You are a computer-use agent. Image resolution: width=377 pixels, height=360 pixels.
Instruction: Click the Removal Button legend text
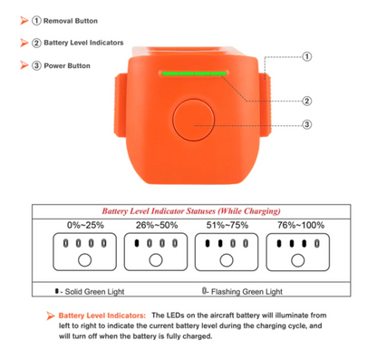[x=71, y=21]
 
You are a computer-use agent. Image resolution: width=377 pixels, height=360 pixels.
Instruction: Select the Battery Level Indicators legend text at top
[x=83, y=43]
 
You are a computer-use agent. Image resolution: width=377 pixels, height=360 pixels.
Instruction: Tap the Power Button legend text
[x=67, y=65]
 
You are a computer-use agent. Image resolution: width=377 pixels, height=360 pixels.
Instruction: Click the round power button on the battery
[x=193, y=120]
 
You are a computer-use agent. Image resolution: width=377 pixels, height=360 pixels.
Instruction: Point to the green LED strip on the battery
[x=194, y=73]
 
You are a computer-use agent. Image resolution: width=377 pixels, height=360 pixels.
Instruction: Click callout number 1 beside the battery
[x=307, y=56]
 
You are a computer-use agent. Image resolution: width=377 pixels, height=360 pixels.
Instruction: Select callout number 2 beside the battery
[x=307, y=101]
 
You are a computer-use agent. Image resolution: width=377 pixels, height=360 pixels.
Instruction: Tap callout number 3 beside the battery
[x=307, y=124]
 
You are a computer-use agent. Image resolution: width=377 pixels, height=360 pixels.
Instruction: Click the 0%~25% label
[x=85, y=225]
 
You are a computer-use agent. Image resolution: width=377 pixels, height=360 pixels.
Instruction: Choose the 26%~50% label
[x=157, y=225]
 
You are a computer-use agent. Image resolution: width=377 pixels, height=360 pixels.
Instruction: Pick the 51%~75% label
[x=227, y=225]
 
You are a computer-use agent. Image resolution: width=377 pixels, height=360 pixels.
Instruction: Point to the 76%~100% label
[x=301, y=225]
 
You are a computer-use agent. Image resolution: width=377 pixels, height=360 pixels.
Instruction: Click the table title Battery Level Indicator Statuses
[x=191, y=211]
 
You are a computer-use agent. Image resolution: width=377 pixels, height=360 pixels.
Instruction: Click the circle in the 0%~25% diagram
[x=84, y=260]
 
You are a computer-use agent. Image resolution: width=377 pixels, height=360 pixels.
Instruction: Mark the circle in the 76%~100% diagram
[x=298, y=260]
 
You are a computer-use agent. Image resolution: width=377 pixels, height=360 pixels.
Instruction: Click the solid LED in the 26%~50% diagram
[x=137, y=243]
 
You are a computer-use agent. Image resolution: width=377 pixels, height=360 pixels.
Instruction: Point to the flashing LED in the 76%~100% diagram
[x=317, y=243]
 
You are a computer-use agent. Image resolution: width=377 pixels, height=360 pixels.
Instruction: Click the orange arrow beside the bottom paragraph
[x=51, y=316]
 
